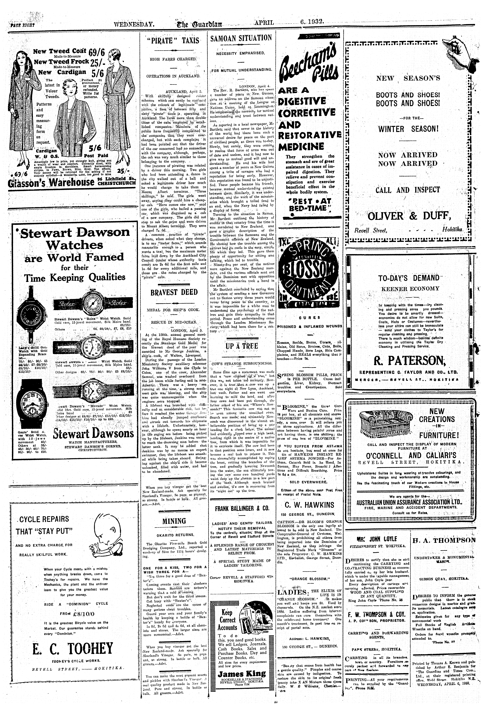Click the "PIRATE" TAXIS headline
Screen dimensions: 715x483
pyautogui.click(x=174, y=40)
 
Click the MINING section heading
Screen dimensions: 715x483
pyautogui.click(x=174, y=521)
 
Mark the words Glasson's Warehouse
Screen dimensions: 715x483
pyautogui.click(x=52, y=182)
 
